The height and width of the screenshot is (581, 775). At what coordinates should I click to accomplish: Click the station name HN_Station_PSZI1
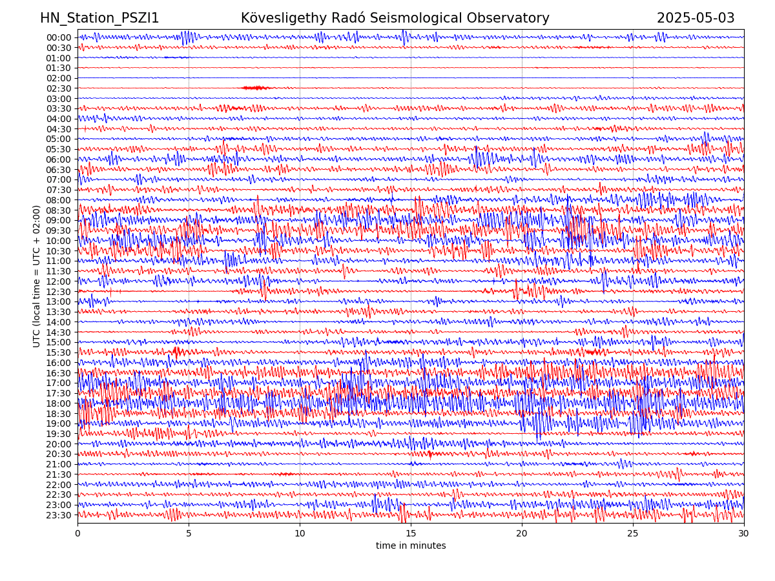point(99,18)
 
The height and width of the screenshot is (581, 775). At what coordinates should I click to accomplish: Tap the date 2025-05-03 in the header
point(696,18)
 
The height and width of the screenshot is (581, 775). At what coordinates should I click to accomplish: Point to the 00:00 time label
point(58,37)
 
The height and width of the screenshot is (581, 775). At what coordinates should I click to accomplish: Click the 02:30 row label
point(58,88)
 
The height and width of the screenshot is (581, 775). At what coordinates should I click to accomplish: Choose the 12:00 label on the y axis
point(58,281)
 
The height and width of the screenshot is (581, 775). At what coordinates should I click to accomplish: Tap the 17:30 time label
point(58,393)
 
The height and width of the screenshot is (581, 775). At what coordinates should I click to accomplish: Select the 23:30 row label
point(58,515)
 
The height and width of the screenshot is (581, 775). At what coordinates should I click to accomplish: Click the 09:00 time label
point(58,220)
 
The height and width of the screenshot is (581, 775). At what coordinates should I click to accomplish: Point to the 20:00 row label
point(58,444)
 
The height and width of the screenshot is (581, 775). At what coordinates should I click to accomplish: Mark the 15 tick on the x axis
point(411,534)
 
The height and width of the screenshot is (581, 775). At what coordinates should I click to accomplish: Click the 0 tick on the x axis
point(77,534)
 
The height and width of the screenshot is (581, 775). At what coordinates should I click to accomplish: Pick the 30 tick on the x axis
point(744,534)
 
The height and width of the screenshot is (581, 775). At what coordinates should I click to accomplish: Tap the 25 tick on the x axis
point(633,534)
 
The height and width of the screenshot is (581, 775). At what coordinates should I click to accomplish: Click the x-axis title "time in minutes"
point(411,546)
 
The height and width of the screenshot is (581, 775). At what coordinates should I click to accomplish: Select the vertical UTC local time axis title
point(37,276)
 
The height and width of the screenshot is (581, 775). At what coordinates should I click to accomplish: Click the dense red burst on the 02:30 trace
point(256,88)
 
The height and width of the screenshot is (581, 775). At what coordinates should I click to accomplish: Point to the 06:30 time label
point(58,170)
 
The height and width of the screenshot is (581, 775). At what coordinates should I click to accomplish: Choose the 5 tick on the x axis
point(189,534)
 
